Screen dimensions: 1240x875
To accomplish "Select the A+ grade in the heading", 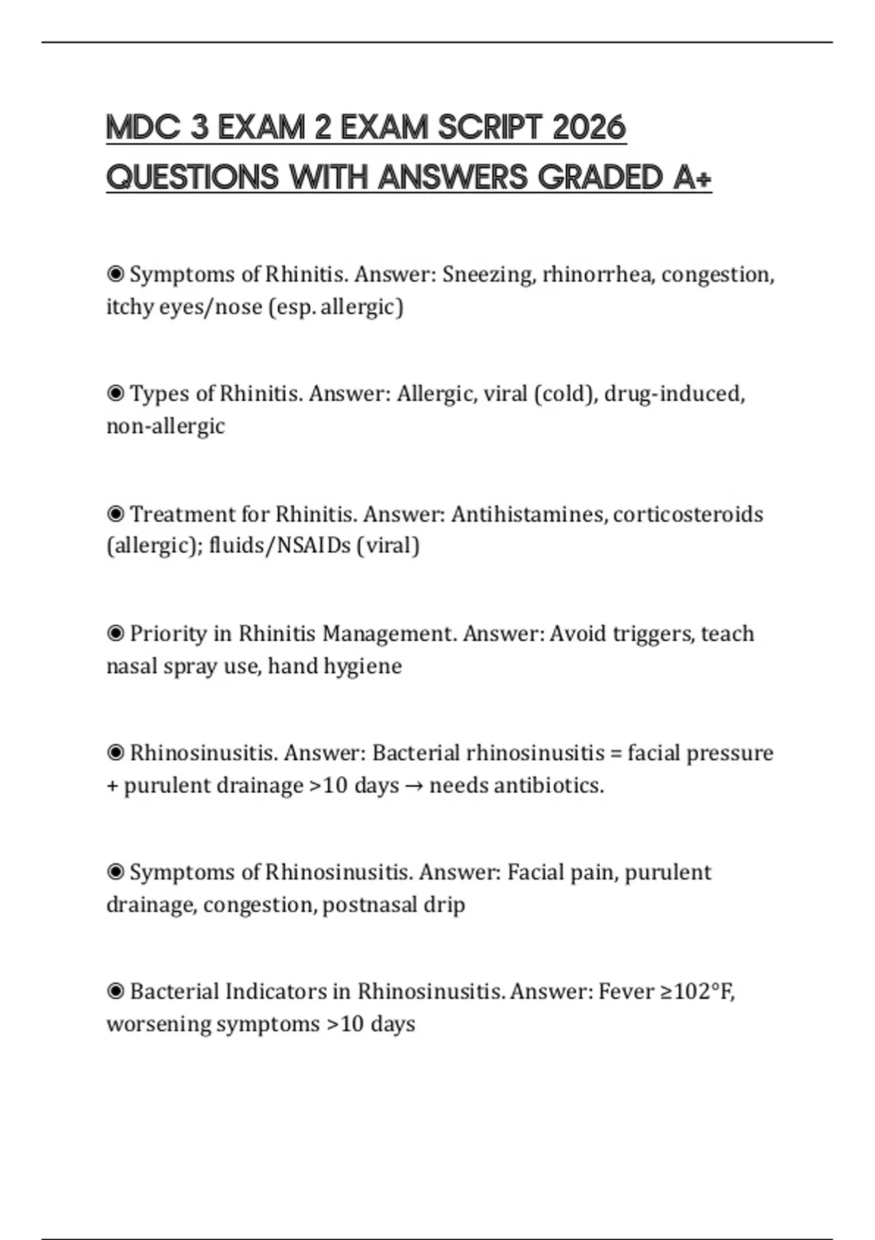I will point(692,177).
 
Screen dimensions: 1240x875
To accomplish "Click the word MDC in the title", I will point(143,128).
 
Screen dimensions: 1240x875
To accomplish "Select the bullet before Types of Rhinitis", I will point(115,394).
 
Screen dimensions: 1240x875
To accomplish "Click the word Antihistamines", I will point(528,514).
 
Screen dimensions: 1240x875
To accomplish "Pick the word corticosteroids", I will point(688,514).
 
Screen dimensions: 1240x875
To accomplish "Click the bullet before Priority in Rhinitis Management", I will point(115,633).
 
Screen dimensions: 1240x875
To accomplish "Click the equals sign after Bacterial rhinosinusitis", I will point(616,753).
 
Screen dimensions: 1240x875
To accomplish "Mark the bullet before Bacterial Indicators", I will point(115,992).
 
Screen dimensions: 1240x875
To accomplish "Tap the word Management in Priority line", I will point(389,633).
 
